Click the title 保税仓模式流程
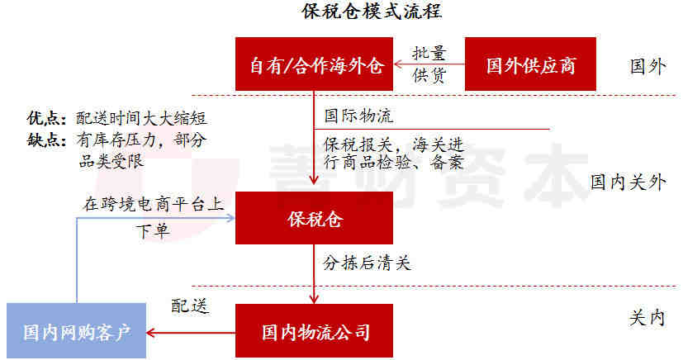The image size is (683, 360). point(372,12)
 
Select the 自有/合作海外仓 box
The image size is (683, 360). point(314,64)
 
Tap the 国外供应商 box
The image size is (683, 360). point(530,64)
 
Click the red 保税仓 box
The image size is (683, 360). point(314,218)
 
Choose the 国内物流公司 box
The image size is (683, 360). point(314,331)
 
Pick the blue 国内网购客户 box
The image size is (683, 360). point(77,331)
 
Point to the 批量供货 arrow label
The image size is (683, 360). point(429,64)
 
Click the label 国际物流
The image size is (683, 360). point(358,116)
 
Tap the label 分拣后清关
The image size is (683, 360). point(367,263)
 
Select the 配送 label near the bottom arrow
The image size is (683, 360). point(190,306)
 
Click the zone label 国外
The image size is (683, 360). point(647,67)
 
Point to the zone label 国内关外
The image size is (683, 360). point(628,182)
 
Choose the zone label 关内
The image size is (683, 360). point(647,319)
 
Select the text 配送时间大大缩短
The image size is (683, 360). point(141,118)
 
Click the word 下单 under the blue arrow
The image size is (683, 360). point(153,230)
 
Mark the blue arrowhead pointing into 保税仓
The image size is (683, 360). point(230,218)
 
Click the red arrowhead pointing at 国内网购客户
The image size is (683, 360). point(150,333)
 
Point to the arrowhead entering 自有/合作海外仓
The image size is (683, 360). point(398,64)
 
